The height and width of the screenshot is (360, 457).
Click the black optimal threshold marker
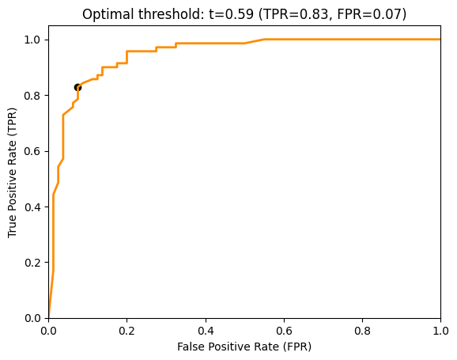[77, 87]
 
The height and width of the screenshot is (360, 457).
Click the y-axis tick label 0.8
[32, 96]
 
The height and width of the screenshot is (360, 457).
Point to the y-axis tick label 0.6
[32, 151]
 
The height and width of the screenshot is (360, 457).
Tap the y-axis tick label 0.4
[32, 207]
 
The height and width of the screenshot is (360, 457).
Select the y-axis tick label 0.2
[32, 263]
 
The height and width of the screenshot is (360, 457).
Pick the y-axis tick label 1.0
[32, 40]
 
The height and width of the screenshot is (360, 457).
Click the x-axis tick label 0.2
[127, 331]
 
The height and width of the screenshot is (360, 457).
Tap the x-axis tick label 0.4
[206, 331]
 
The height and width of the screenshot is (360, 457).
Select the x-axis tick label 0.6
[284, 331]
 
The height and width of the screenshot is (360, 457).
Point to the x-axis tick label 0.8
[362, 331]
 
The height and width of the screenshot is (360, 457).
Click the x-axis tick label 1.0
[440, 331]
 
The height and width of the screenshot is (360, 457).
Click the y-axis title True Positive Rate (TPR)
[12, 172]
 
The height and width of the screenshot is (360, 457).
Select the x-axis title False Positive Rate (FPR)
[244, 347]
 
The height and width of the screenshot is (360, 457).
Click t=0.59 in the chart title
[231, 14]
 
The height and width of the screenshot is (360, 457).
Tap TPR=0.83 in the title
[295, 14]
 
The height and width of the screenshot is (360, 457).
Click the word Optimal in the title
[108, 14]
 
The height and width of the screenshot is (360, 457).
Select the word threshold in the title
[171, 14]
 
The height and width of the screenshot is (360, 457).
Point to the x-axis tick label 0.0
[48, 331]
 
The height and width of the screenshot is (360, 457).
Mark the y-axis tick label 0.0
[32, 318]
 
